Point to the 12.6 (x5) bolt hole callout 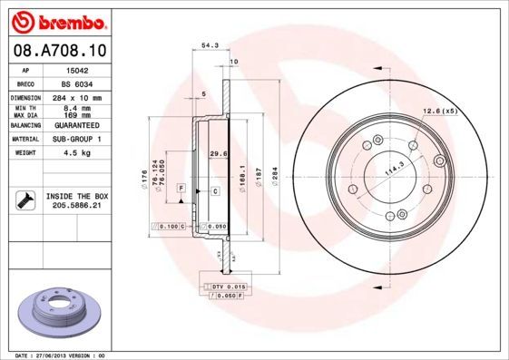[439, 111]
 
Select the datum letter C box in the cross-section [215, 191]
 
